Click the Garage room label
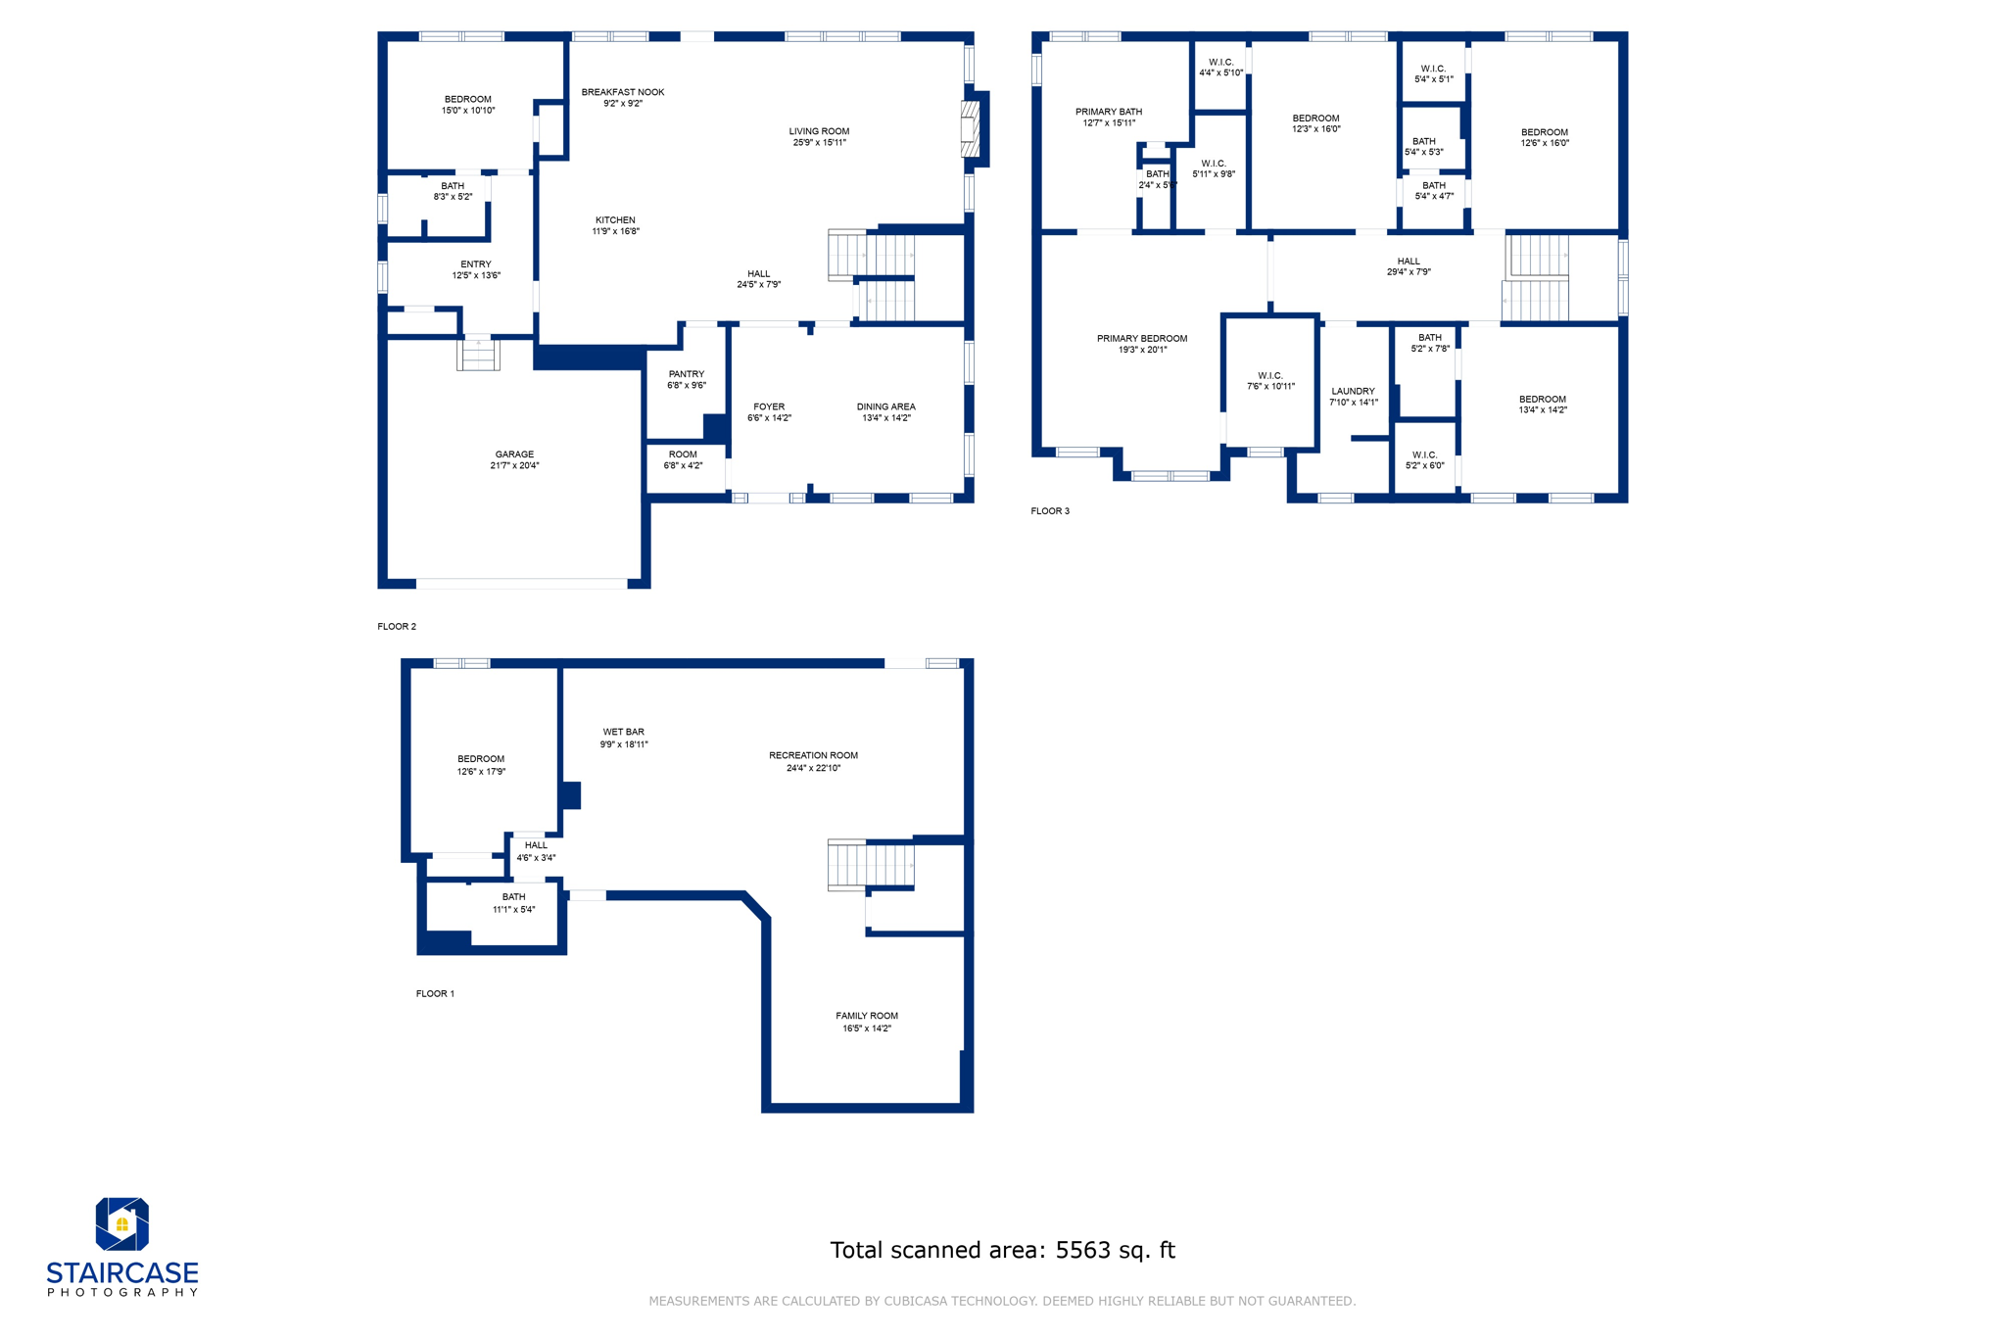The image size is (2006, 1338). click(514, 454)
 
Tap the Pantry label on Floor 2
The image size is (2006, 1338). click(687, 374)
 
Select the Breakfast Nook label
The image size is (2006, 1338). click(623, 92)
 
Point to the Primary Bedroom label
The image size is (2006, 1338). click(1142, 339)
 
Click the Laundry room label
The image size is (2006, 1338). click(1353, 391)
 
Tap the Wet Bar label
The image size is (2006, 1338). click(623, 732)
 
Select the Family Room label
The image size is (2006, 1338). click(867, 1016)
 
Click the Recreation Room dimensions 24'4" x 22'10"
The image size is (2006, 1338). click(813, 769)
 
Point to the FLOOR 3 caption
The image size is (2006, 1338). click(1050, 511)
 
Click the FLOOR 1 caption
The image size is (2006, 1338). click(435, 993)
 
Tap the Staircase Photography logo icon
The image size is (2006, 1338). click(121, 1223)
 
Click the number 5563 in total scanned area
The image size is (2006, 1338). click(1080, 1251)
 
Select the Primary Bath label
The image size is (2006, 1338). click(1109, 112)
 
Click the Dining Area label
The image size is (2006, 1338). click(885, 406)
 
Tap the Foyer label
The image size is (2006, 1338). click(769, 406)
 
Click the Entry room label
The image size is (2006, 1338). click(476, 264)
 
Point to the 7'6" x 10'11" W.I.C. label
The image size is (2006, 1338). click(1270, 381)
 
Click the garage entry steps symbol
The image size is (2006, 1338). click(478, 355)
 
